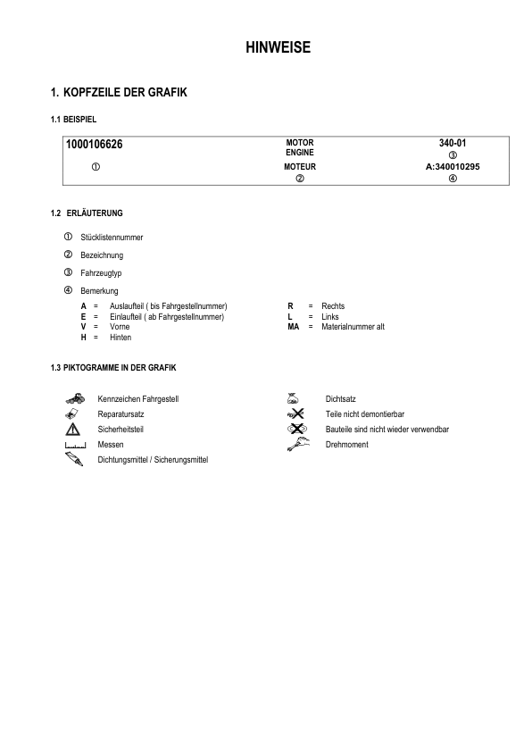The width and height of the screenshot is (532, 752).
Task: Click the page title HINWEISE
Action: click(x=278, y=48)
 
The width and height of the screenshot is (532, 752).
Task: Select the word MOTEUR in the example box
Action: click(x=300, y=167)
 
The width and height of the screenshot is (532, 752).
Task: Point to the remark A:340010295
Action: click(x=453, y=167)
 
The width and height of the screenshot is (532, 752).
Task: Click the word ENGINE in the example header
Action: click(x=300, y=153)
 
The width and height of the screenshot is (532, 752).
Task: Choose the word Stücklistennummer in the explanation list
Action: click(x=112, y=238)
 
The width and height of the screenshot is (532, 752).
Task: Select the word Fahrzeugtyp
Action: click(x=101, y=272)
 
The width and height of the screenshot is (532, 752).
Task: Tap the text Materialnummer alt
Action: click(x=353, y=327)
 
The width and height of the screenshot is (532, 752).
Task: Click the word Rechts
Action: click(x=333, y=306)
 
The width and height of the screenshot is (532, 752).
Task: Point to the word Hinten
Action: click(x=121, y=338)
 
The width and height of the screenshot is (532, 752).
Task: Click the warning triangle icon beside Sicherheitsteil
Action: click(x=73, y=430)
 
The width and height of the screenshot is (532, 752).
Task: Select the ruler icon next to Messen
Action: click(x=73, y=445)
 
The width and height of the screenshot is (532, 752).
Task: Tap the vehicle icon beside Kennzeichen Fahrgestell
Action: click(x=74, y=398)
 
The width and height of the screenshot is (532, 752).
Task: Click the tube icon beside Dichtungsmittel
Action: click(x=73, y=458)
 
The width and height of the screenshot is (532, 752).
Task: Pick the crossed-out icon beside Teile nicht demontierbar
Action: click(x=296, y=414)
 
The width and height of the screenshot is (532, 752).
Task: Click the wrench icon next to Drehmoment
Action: click(x=296, y=444)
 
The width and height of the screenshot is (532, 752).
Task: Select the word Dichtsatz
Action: click(x=341, y=398)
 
